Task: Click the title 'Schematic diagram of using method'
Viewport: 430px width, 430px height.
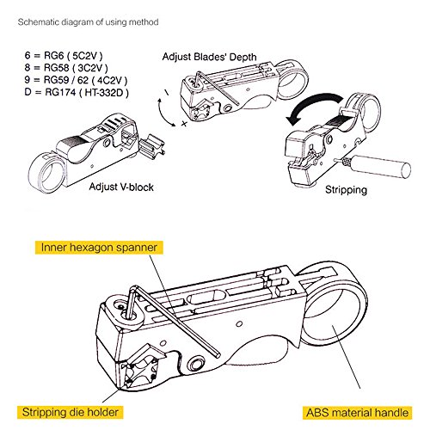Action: pos(88,22)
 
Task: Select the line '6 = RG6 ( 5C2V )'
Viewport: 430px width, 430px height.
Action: pos(64,55)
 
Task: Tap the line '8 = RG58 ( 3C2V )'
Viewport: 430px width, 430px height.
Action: pos(66,68)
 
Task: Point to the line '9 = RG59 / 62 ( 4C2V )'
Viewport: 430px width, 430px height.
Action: pos(76,80)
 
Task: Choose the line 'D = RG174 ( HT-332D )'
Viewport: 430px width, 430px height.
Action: pos(77,92)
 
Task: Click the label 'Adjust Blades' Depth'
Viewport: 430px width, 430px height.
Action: pos(209,57)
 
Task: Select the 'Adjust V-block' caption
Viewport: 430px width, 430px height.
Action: pos(121,187)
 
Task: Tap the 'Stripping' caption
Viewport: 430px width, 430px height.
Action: pos(346,190)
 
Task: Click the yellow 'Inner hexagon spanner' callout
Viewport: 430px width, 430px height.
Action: pos(99,248)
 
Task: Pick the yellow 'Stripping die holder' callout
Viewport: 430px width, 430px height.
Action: pos(71,413)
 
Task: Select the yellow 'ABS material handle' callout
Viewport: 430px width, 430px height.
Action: pos(358,413)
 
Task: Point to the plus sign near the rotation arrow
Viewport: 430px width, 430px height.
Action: pos(184,124)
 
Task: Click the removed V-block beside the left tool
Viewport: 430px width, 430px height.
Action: pos(152,147)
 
